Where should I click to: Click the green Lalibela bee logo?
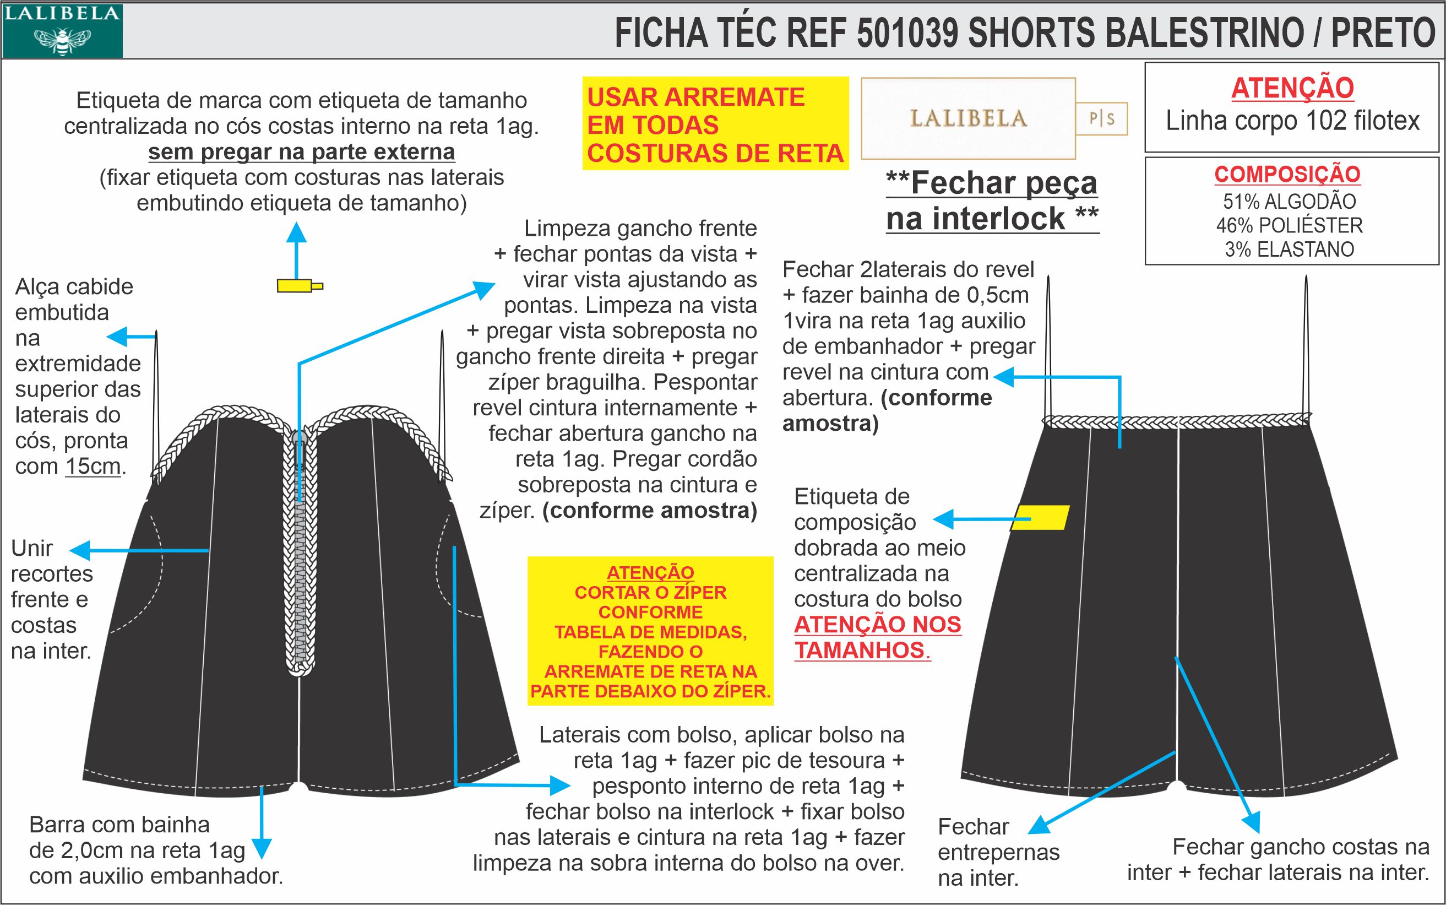[62, 31]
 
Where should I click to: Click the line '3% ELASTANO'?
[1289, 249]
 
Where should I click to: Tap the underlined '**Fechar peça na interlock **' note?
[992, 200]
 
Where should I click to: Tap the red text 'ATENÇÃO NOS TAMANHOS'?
[877, 637]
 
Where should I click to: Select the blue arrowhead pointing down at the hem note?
[262, 848]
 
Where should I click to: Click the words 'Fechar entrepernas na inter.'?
[998, 852]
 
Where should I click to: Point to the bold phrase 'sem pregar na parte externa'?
[302, 152]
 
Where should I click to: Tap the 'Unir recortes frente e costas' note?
[51, 599]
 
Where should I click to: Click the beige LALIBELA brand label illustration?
[968, 118]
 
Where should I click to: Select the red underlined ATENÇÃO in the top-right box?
[1292, 89]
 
